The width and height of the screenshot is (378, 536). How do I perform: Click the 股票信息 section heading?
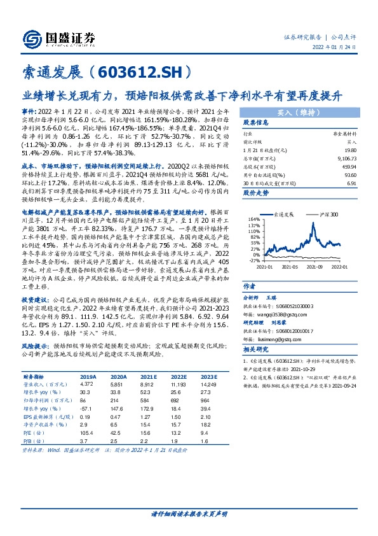click(256, 122)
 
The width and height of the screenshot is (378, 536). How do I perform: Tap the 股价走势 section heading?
click(256, 191)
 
